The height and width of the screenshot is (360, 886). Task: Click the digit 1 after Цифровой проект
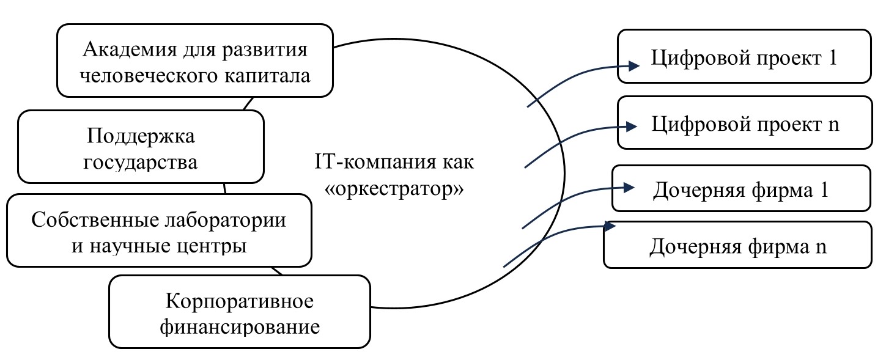coord(830,59)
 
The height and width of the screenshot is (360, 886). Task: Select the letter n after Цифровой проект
coord(833,125)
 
